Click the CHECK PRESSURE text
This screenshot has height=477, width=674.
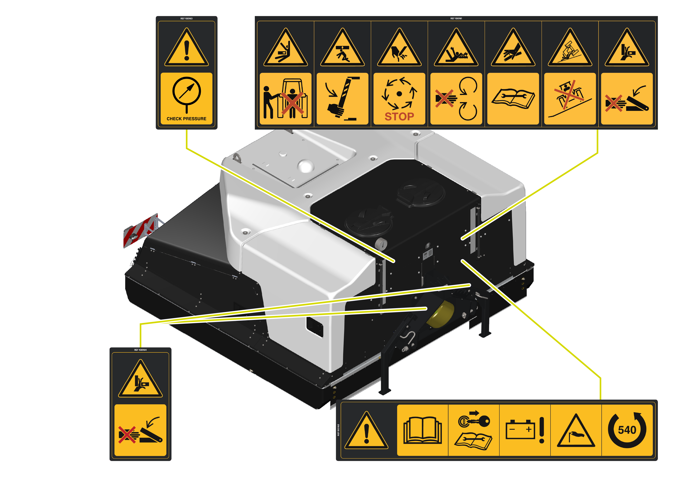[x=186, y=119]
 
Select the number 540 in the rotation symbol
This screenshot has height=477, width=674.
[x=627, y=430]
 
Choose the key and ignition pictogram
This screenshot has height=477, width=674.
[x=474, y=420]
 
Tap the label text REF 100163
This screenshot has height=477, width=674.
[x=186, y=18]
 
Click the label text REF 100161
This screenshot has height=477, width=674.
[x=456, y=18]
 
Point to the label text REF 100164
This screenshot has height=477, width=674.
[x=140, y=350]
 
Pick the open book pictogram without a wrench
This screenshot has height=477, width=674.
[x=422, y=430]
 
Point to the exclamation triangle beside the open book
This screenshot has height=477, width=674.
[x=366, y=430]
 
